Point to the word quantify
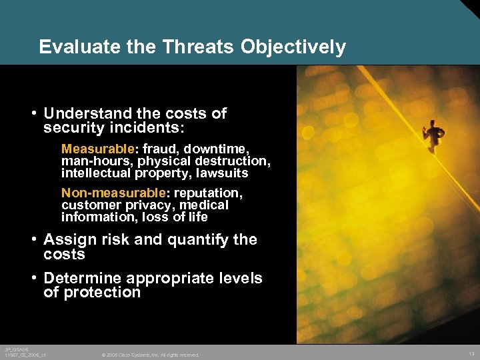[x=196, y=240]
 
